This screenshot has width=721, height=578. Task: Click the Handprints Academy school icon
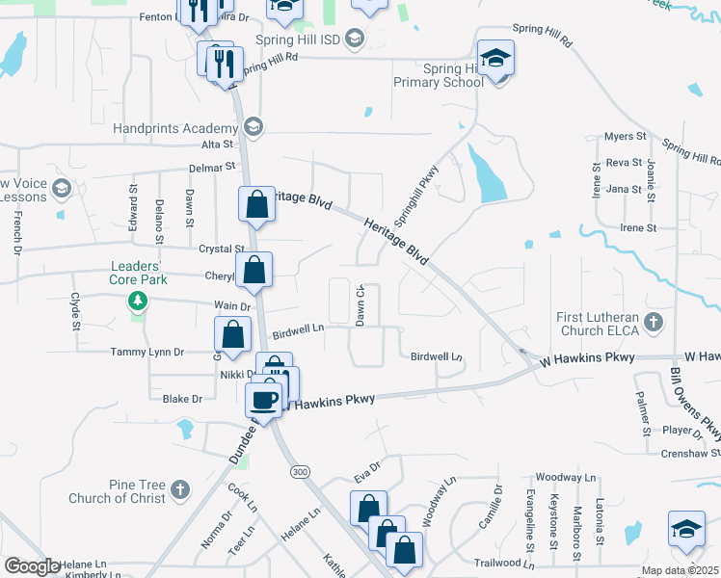click(x=254, y=126)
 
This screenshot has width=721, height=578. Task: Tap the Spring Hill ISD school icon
click(x=354, y=39)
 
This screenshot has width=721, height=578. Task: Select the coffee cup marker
click(x=263, y=398)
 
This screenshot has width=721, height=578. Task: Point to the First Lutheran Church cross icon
click(x=654, y=322)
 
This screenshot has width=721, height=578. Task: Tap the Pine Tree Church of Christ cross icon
click(x=180, y=491)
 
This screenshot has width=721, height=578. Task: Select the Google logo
click(x=31, y=566)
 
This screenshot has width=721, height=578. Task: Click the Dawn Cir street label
click(x=360, y=305)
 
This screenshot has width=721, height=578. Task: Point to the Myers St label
click(x=624, y=137)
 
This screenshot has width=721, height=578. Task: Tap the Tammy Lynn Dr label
click(x=147, y=352)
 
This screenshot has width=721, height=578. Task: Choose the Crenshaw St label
click(x=690, y=453)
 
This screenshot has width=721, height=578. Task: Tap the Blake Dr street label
click(x=182, y=399)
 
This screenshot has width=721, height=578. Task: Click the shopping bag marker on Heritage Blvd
click(x=257, y=204)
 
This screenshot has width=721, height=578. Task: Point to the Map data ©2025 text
click(x=681, y=569)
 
